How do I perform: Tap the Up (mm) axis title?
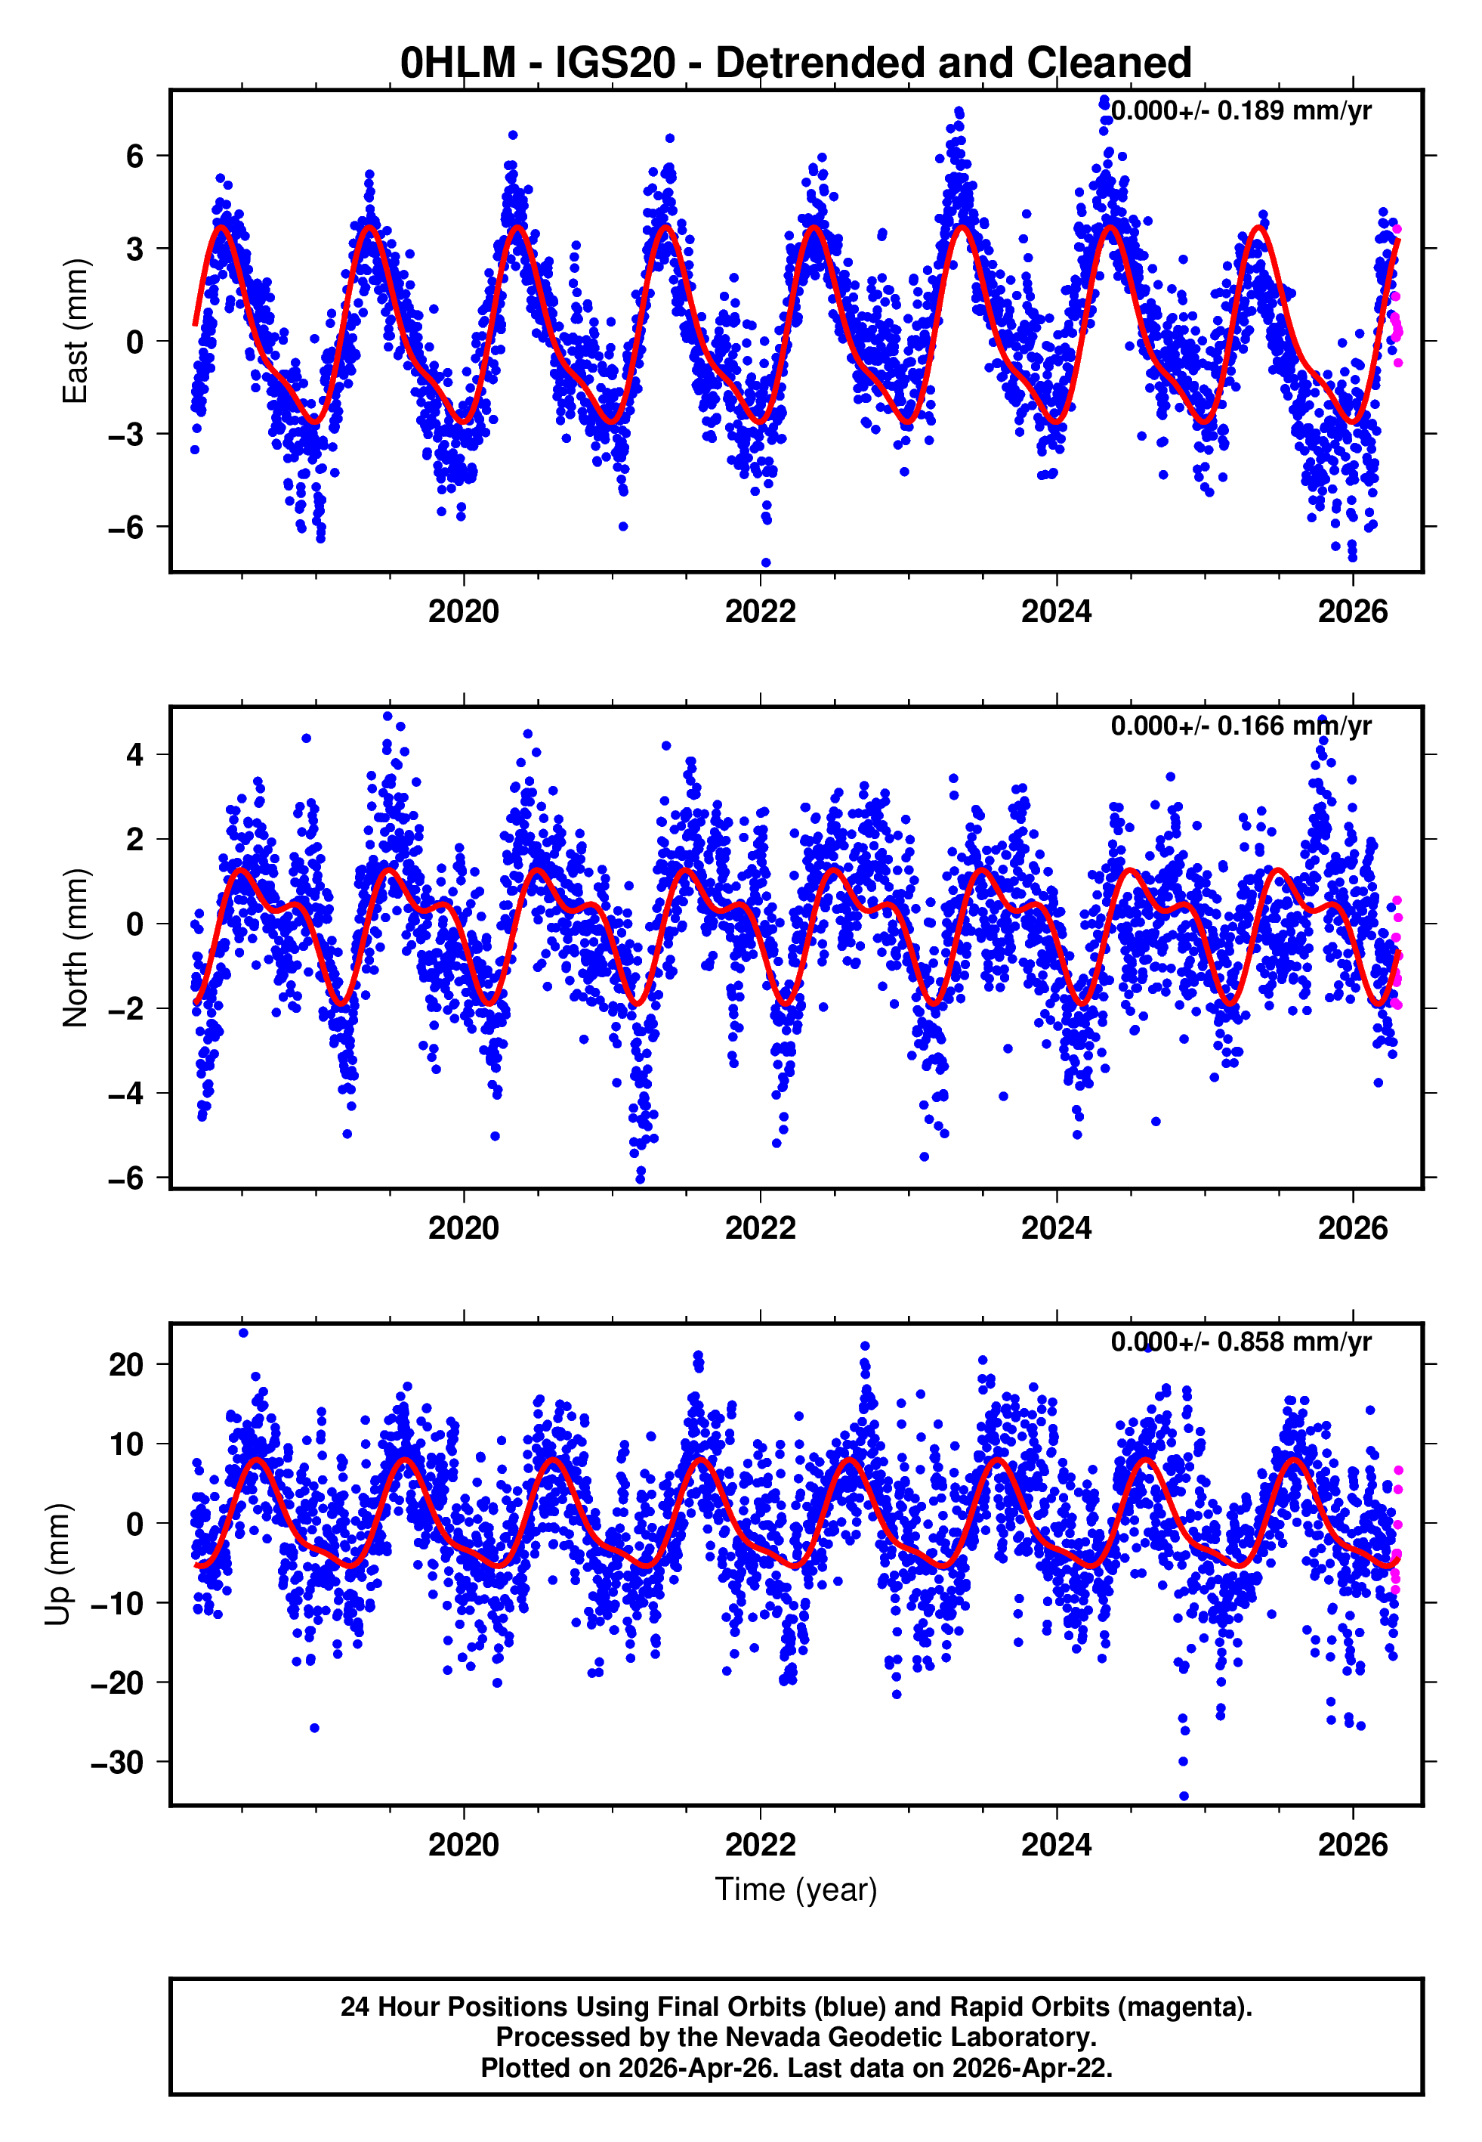pos(57,1565)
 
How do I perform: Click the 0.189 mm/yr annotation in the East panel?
pos(1240,111)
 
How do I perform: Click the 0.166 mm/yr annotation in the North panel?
pos(1240,726)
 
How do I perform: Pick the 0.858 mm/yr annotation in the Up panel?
pos(1240,1342)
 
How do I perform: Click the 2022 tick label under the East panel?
pos(760,612)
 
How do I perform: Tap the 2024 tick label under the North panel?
pos(1056,1228)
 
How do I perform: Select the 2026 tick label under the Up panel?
pos(1352,1845)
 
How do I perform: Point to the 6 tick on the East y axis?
pos(135,156)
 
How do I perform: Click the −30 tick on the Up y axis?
pos(118,1762)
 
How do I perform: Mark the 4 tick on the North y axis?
pos(135,754)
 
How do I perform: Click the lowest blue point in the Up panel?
pos(1183,1797)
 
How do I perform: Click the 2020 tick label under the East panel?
pos(463,612)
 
